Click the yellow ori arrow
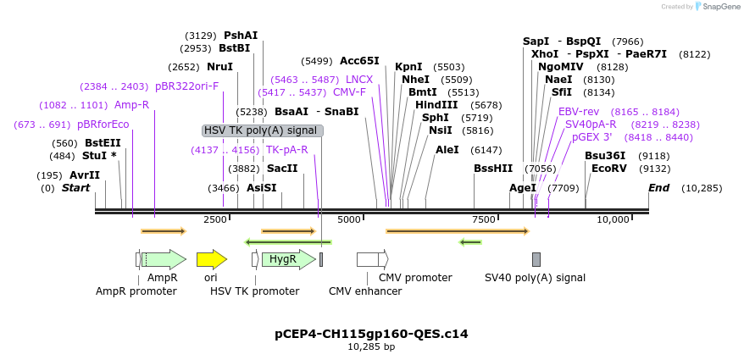click(211, 259)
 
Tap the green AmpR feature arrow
click(163, 259)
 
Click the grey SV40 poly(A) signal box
click(536, 259)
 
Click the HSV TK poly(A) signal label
click(262, 130)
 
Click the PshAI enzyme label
click(241, 36)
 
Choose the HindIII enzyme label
click(436, 105)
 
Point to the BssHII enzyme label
click(493, 169)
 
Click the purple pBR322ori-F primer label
click(186, 86)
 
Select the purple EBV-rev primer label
click(579, 112)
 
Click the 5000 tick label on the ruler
click(349, 219)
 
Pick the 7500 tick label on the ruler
click(483, 219)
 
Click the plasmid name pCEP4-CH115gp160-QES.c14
click(371, 334)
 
